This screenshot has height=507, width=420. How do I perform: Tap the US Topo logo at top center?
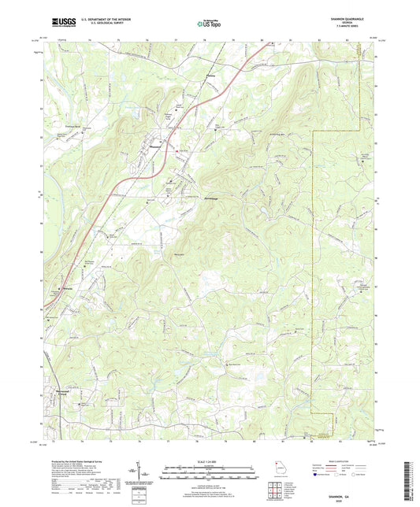pyautogui.click(x=208, y=24)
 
